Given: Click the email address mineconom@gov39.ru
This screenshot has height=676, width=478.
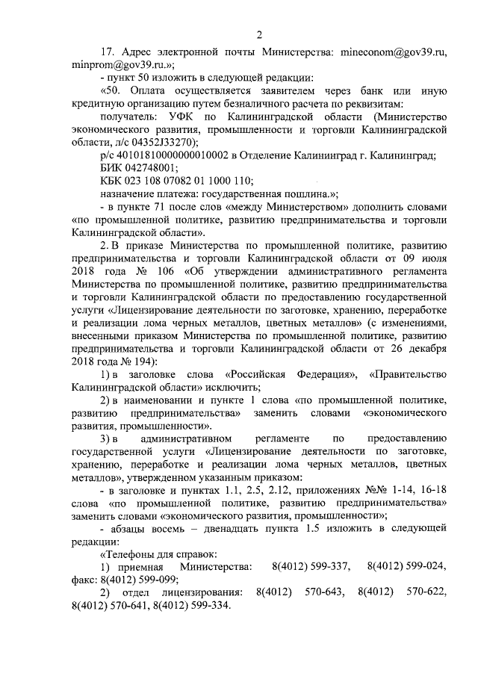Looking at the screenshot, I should (x=394, y=53).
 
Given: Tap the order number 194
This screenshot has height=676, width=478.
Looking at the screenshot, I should (x=139, y=361).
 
